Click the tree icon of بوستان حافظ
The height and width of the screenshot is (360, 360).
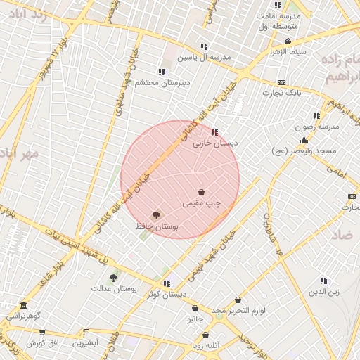click(x=156, y=216)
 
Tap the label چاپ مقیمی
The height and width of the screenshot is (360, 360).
click(x=202, y=203)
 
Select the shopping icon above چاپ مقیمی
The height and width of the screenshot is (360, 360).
click(x=202, y=192)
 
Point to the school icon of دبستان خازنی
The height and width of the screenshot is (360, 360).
click(x=214, y=131)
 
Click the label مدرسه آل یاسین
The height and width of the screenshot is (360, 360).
click(x=202, y=58)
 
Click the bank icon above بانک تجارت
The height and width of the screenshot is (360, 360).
click(x=282, y=82)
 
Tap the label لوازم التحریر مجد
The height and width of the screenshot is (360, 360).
click(x=238, y=311)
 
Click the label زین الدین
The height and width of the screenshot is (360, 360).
click(x=323, y=291)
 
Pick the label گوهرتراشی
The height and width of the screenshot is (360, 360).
click(x=25, y=316)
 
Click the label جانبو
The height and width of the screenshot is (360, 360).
click(x=195, y=319)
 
